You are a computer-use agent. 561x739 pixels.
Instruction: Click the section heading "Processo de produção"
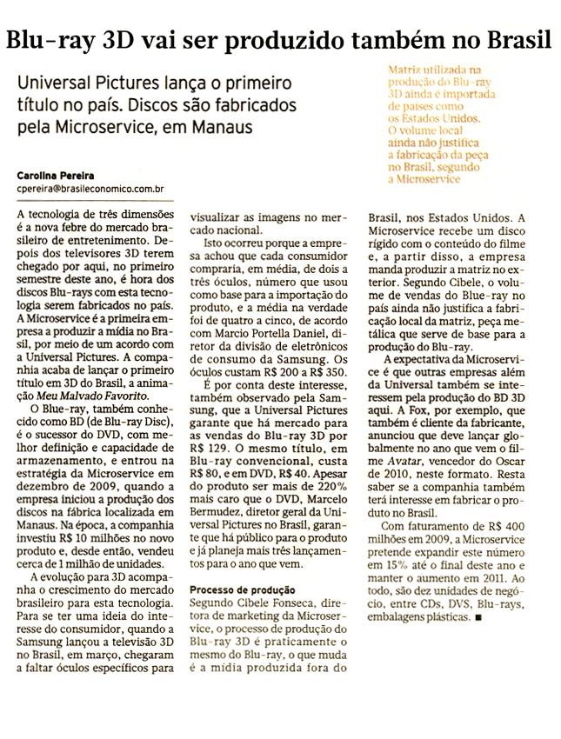[x=237, y=589]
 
